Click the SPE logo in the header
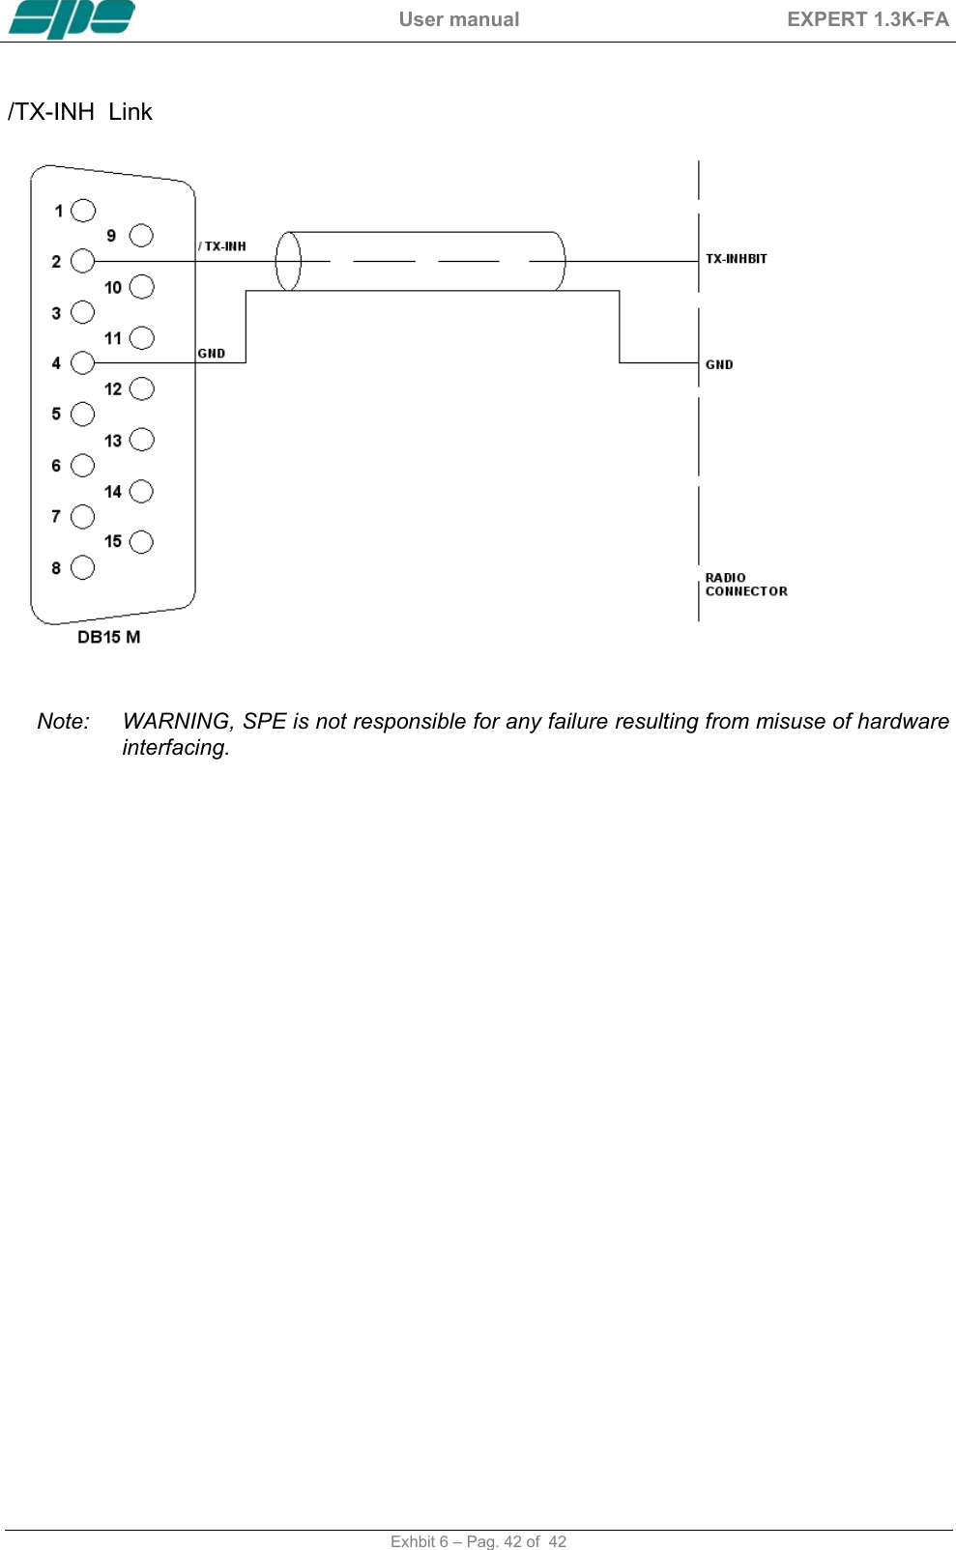click(x=72, y=18)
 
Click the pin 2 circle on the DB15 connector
click(x=83, y=261)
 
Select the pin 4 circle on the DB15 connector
click(x=83, y=362)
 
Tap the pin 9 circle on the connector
click(x=141, y=235)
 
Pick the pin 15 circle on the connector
click(x=141, y=541)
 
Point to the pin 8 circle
click(x=83, y=567)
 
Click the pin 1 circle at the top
click(x=84, y=210)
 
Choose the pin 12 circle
click(x=141, y=388)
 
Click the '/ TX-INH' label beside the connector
click(x=222, y=246)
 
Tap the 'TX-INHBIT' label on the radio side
click(x=736, y=259)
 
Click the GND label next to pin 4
click(x=211, y=354)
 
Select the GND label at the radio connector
click(x=719, y=365)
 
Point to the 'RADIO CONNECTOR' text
click(x=745, y=585)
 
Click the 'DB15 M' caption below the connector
click(x=108, y=637)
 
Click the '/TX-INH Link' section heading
click(x=80, y=112)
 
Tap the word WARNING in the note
click(x=178, y=721)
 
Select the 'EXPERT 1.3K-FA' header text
click(x=867, y=19)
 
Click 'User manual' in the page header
click(x=459, y=19)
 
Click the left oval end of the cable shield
click(x=288, y=261)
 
